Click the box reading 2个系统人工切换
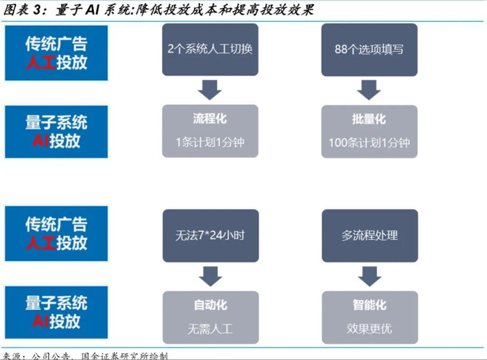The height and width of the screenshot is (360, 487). [x=209, y=49]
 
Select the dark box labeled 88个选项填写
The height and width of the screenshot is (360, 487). [x=369, y=49]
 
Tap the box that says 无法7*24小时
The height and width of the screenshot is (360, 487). [x=209, y=235]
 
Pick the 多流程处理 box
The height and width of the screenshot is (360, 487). [x=369, y=235]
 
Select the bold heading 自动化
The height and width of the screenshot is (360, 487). [x=209, y=305]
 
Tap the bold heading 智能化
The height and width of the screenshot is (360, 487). [x=369, y=305]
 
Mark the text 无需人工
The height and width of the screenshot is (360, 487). [x=209, y=328]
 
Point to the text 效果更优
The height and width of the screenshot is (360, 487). [x=369, y=328]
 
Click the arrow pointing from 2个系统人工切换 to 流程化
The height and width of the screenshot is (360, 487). [x=209, y=89]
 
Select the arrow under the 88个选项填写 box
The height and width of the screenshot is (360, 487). [x=369, y=89]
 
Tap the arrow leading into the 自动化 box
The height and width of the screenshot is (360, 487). [x=209, y=275]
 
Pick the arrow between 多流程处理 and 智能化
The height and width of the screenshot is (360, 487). [x=369, y=275]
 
